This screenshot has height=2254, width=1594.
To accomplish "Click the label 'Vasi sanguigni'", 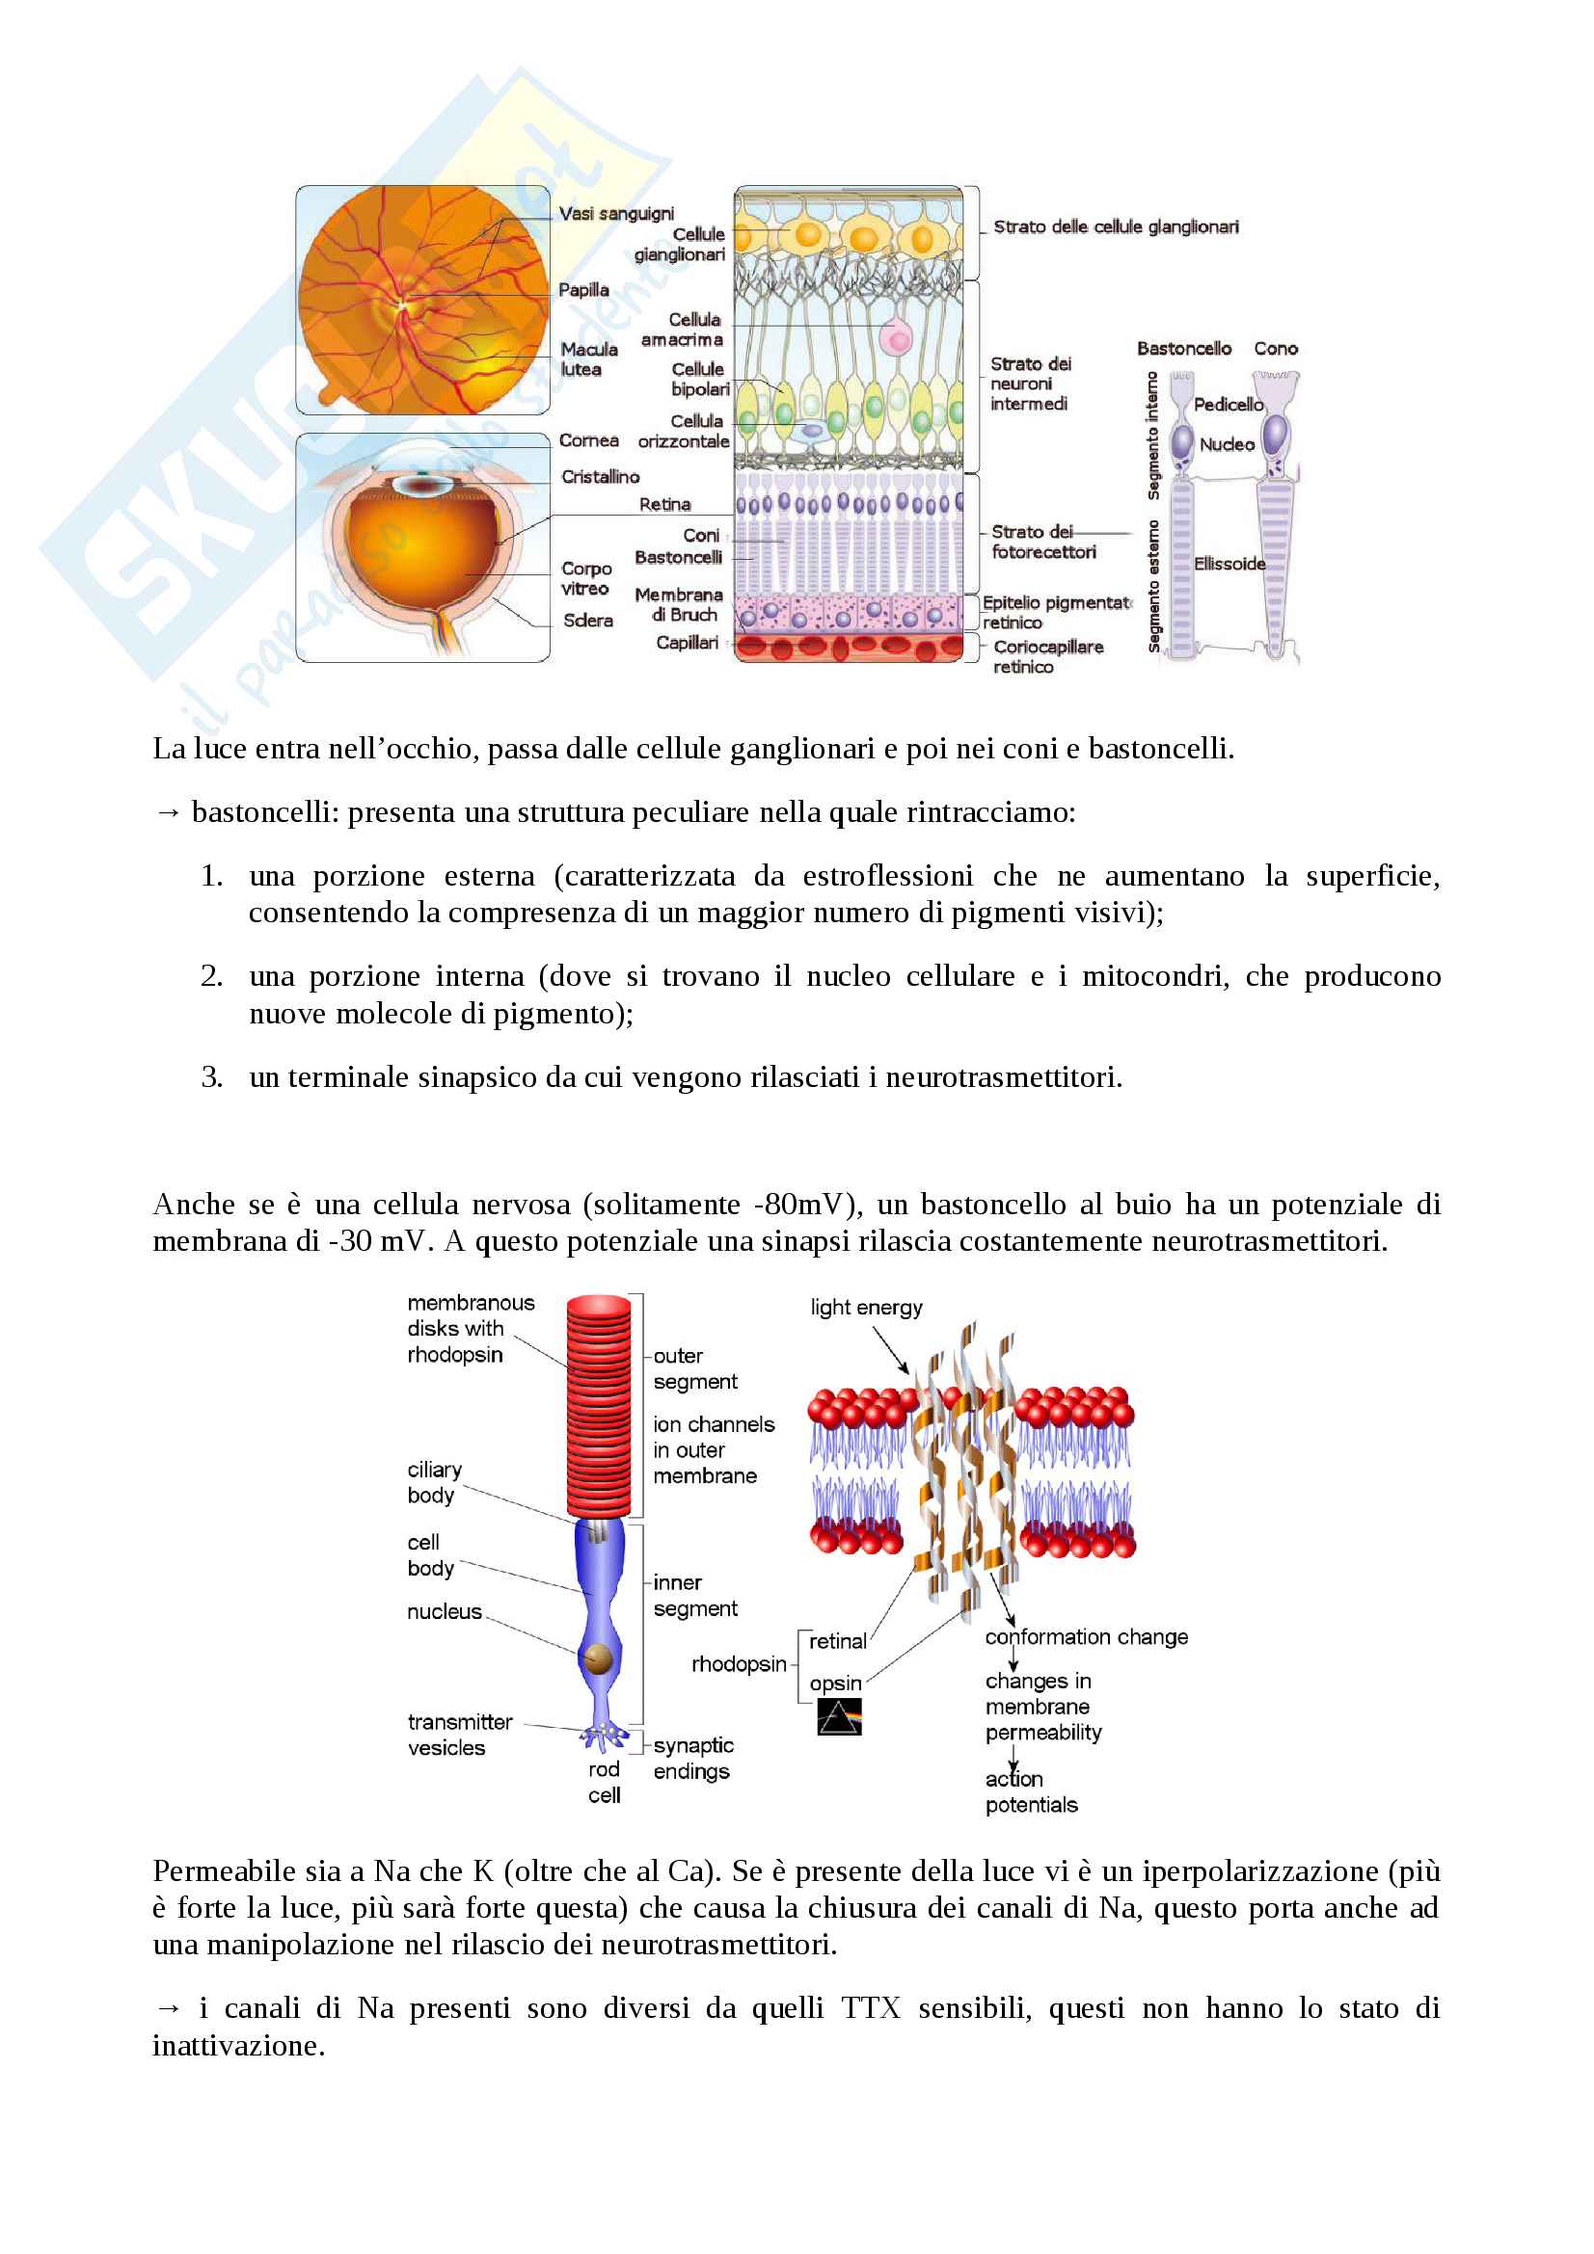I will (616, 214).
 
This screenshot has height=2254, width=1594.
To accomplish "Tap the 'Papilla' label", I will (583, 290).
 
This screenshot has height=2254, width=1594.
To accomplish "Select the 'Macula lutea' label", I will (588, 359).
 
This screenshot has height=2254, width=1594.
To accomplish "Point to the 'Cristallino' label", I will (600, 477).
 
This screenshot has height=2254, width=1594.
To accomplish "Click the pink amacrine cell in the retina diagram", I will (896, 338).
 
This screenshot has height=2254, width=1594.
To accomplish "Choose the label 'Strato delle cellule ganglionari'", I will (1116, 226).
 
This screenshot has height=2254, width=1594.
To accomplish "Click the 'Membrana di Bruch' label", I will (679, 605).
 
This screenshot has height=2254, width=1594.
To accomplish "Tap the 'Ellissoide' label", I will (1229, 564).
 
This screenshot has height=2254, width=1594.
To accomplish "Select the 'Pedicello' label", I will (1228, 405).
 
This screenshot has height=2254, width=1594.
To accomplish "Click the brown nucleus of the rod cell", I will (598, 1659).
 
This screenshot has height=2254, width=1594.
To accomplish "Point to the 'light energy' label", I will (866, 1308).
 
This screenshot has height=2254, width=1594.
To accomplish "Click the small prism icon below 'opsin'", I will (839, 1717).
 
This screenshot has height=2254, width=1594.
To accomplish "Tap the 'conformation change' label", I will (1086, 1636).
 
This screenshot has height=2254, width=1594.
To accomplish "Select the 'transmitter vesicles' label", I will (459, 1735).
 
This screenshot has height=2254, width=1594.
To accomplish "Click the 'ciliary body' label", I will (433, 1482).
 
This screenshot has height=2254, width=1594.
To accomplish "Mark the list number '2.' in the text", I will (212, 976).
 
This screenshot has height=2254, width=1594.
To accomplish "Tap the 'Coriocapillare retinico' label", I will (1047, 657).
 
